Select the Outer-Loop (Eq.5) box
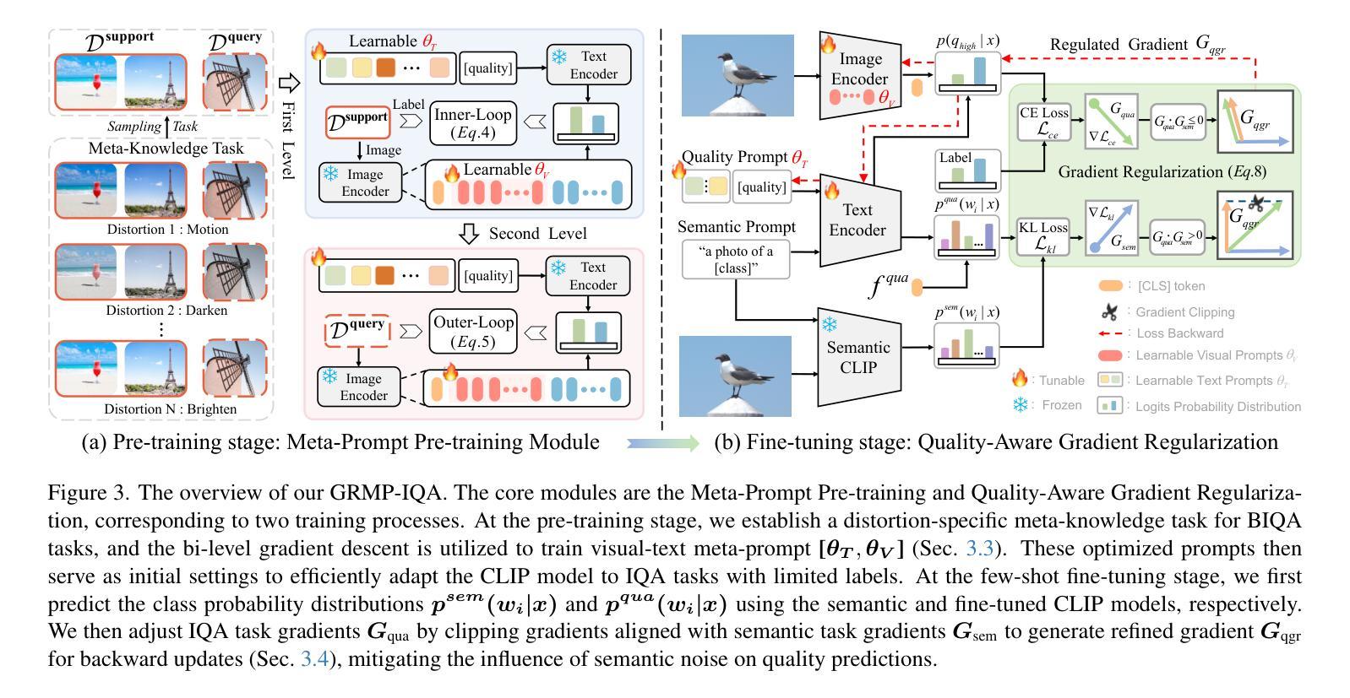pos(472,332)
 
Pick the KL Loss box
pos(1044,237)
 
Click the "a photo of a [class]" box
pos(736,259)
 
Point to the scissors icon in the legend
pos(1110,312)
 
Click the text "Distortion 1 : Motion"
pos(167,230)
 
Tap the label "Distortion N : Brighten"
pos(170,409)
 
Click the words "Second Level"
pos(537,234)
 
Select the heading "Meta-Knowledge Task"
pos(166,149)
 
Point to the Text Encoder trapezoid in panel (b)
pos(857,219)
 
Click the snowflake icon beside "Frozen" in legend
pos(1021,405)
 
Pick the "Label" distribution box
pos(967,170)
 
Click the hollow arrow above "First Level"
pos(289,83)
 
